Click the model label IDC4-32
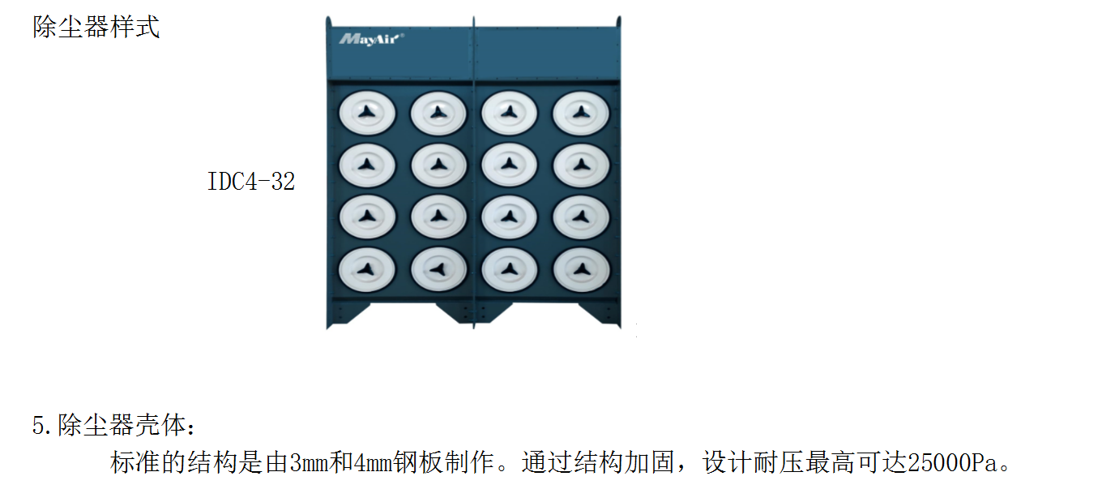pyautogui.click(x=250, y=181)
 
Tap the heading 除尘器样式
pyautogui.click(x=96, y=27)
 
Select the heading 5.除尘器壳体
pyautogui.click(x=113, y=425)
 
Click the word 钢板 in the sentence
pyautogui.click(x=419, y=462)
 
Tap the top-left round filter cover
pyautogui.click(x=367, y=113)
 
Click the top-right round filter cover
pyautogui.click(x=580, y=113)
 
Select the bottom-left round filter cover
pyautogui.click(x=367, y=269)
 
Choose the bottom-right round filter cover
pyautogui.click(x=582, y=269)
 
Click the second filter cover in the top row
pyautogui.click(x=438, y=113)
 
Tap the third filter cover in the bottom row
pyautogui.click(x=510, y=269)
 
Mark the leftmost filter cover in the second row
pyautogui.click(x=367, y=165)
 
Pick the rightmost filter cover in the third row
pyautogui.click(x=581, y=217)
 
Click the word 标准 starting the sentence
pyautogui.click(x=135, y=462)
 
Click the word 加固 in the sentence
pyautogui.click(x=650, y=462)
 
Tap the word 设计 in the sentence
pyautogui.click(x=728, y=462)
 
